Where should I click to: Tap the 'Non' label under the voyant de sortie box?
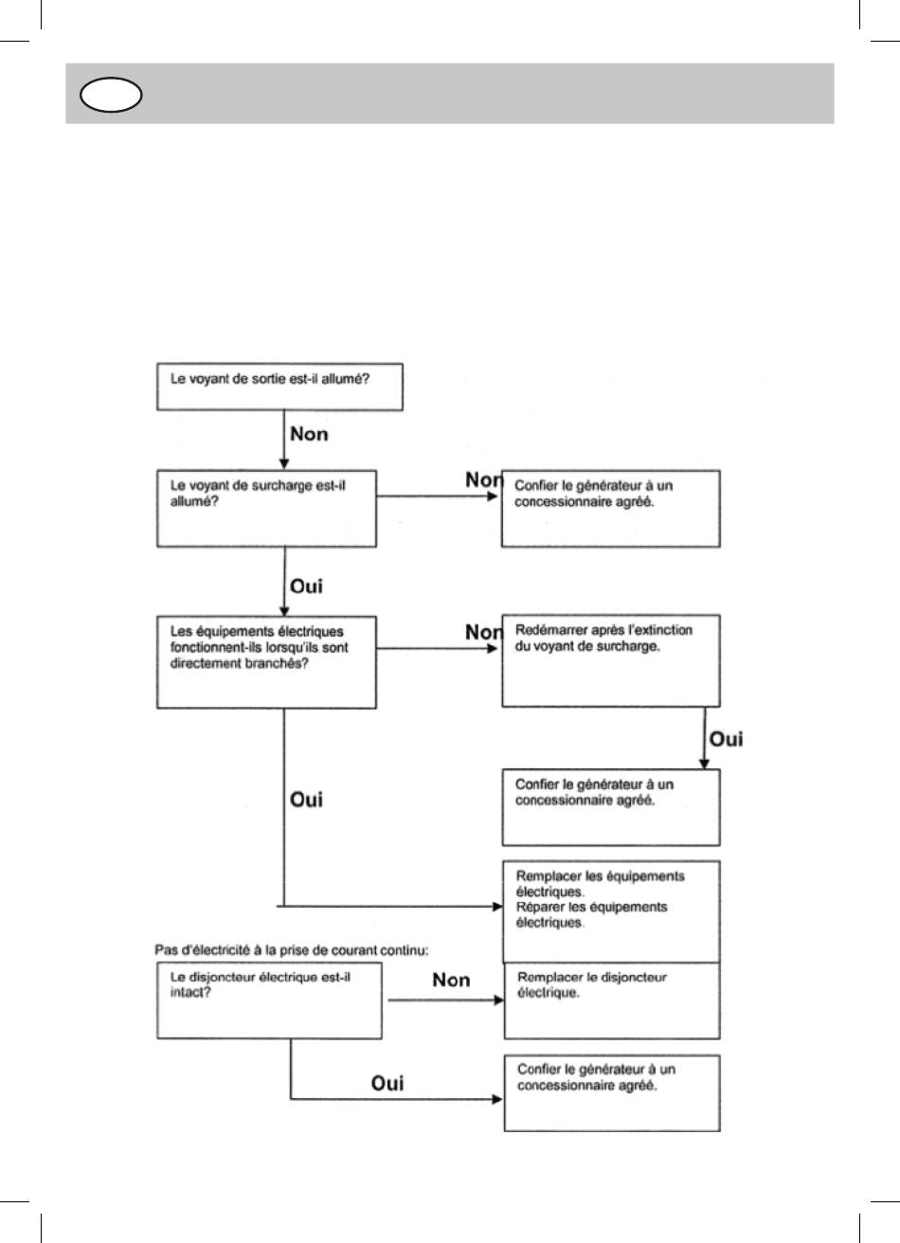(309, 434)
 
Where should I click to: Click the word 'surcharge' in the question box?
(281, 485)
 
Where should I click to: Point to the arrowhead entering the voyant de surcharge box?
(283, 464)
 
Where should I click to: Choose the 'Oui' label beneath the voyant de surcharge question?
(306, 586)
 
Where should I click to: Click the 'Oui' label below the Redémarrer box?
(726, 739)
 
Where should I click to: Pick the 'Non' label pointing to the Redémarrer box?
(483, 632)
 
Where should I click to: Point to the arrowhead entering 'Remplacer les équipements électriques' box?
(497, 907)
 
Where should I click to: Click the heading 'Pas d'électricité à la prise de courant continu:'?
(291, 950)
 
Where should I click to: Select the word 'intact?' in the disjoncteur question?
(190, 992)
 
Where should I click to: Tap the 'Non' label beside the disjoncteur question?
(451, 980)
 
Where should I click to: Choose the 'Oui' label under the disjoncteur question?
(387, 1083)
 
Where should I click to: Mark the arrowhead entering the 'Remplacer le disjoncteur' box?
(499, 1000)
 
